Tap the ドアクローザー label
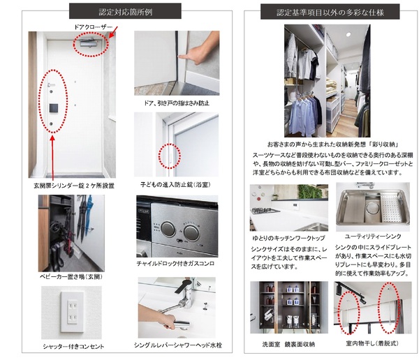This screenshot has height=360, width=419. [94, 27]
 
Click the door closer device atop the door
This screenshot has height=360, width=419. [89, 42]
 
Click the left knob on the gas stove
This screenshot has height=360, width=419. [168, 229]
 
